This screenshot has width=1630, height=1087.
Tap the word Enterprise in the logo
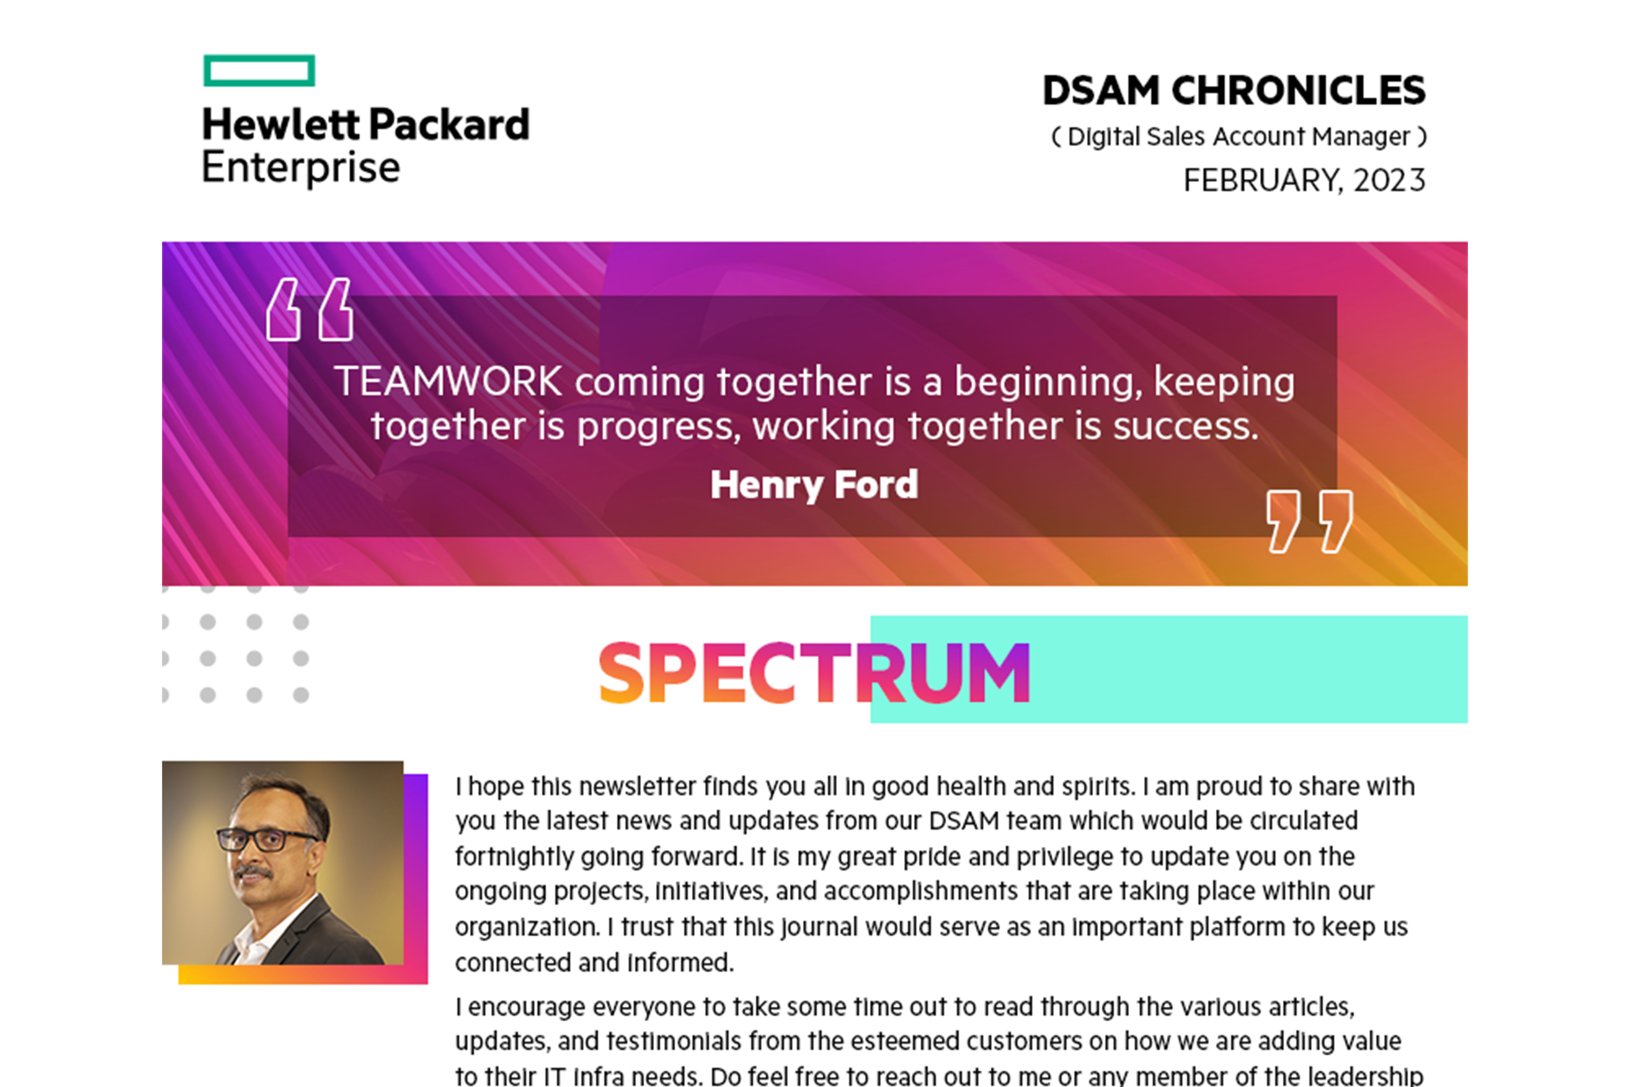coord(301,168)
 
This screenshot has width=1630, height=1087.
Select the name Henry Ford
coord(814,485)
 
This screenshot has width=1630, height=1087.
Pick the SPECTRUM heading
coord(814,673)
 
